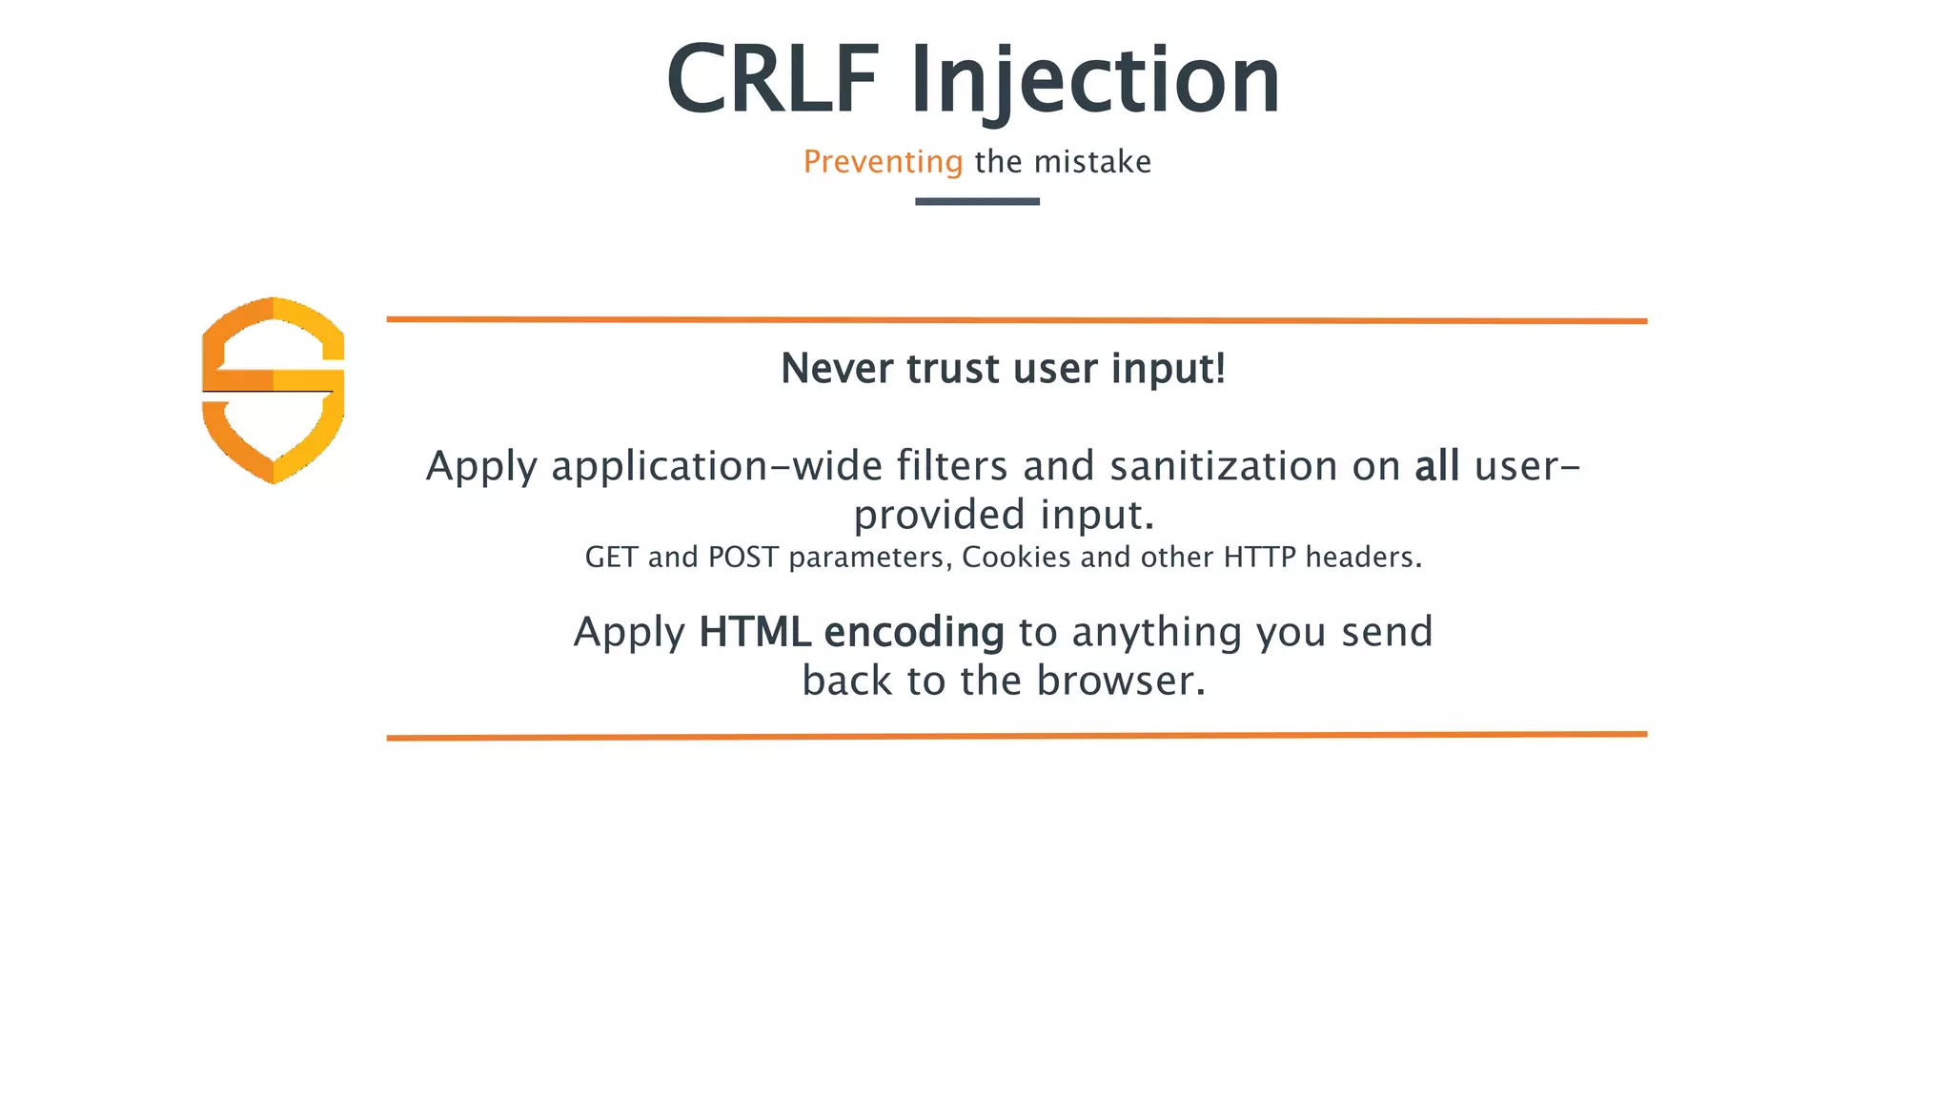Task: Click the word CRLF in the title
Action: coord(772,80)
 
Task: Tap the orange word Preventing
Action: coord(883,162)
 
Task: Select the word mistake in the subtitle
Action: coord(1092,162)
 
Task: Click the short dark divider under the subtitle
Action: coord(977,201)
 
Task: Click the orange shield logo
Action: coord(274,390)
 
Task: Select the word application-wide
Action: coord(717,467)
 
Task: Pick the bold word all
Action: coord(1436,466)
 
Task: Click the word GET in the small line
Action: coord(611,558)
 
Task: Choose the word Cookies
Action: coord(1016,558)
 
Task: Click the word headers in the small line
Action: coord(1361,558)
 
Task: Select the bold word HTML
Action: coord(754,632)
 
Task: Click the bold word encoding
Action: coord(913,633)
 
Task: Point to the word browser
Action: coord(1120,681)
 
